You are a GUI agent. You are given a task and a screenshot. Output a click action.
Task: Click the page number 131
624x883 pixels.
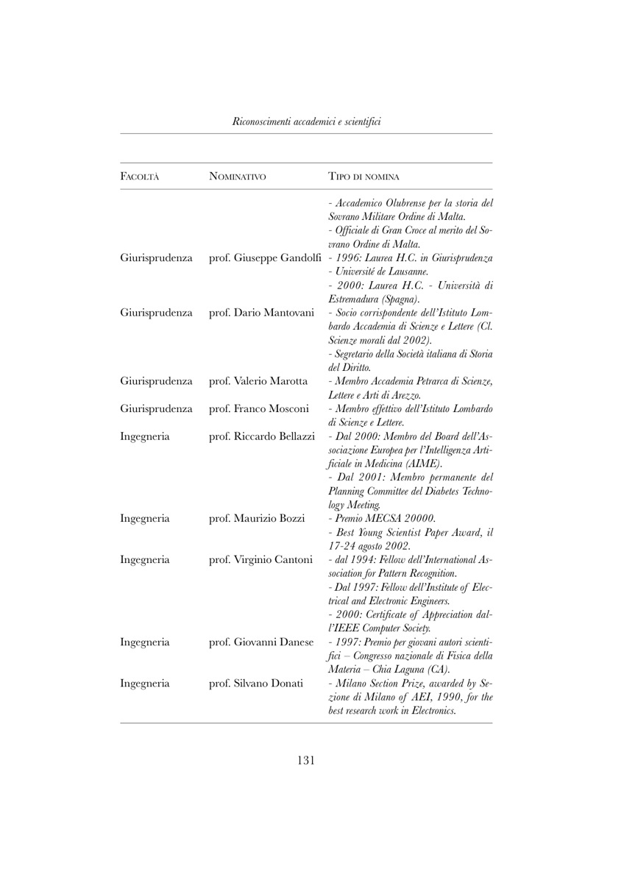[x=306, y=760]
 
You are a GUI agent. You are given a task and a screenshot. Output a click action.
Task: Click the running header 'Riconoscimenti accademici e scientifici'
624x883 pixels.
[x=306, y=120]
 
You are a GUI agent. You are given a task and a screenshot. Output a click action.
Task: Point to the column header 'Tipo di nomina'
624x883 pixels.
[x=364, y=177]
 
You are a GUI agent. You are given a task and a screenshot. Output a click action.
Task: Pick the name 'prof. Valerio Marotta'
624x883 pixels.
[x=254, y=381]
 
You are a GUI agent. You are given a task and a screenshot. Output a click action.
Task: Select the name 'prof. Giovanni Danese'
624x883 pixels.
[x=256, y=642]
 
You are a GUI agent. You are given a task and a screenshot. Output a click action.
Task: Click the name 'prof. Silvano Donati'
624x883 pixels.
[x=256, y=683]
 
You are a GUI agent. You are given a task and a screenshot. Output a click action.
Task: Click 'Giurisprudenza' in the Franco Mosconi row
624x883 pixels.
[x=156, y=408]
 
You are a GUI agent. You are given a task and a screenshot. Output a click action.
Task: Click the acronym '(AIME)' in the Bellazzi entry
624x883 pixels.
[x=421, y=464]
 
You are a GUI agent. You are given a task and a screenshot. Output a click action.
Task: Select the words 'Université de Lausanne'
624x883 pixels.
[x=375, y=272]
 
